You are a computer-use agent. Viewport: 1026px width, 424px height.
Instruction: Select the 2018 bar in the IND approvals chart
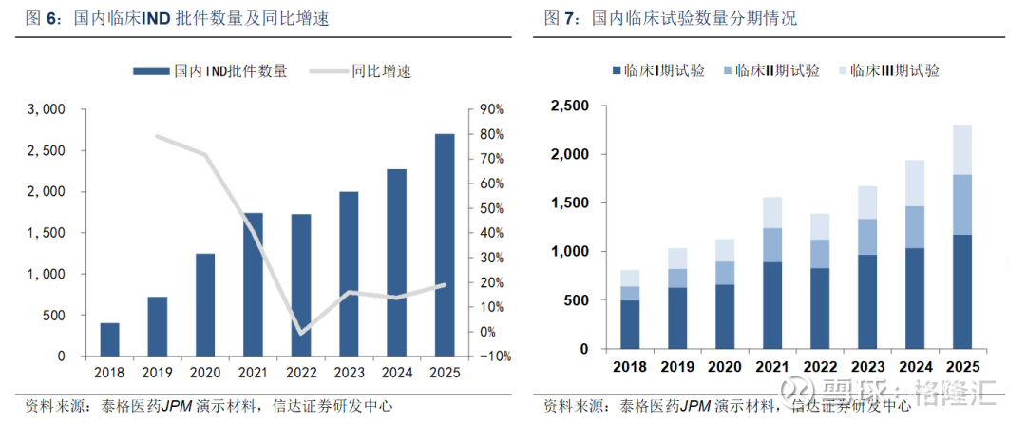[110, 339]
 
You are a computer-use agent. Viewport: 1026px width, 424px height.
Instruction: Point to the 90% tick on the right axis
[490, 109]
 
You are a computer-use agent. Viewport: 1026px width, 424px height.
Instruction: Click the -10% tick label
[488, 357]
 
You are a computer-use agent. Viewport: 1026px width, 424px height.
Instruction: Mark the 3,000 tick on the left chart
[46, 109]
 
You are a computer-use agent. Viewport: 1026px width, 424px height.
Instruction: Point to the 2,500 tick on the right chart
[570, 105]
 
